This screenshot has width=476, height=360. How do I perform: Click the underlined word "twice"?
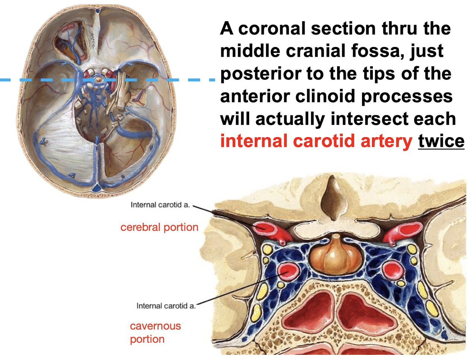441,141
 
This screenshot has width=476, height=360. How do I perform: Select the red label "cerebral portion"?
159,227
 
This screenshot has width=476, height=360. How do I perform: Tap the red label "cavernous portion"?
155,332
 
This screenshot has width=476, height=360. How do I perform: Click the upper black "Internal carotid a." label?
160,205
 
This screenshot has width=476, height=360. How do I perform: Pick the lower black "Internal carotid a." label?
166,306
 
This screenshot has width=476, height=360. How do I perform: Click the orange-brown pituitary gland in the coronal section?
335,255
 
